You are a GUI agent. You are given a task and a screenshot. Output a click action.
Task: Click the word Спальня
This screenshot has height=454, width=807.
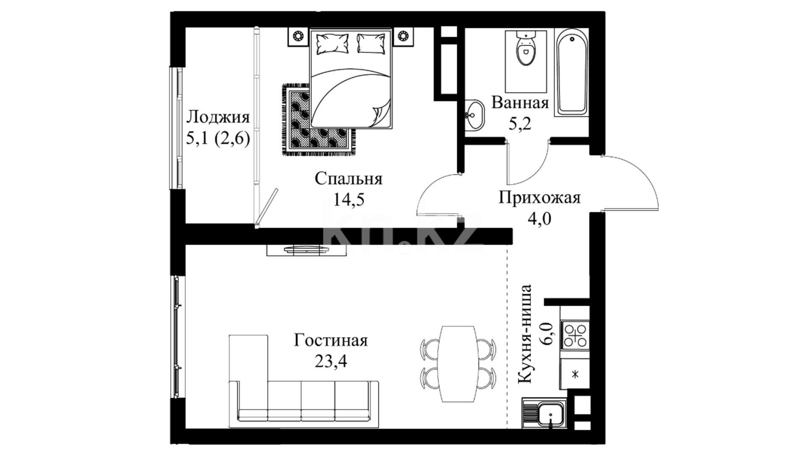pos(348,179)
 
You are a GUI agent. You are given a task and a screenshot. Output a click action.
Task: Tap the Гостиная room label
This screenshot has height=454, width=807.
pos(330,340)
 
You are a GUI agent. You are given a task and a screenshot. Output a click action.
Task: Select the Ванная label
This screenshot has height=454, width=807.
pos(520,103)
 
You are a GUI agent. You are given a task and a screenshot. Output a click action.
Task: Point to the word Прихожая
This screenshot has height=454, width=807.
pos(539,197)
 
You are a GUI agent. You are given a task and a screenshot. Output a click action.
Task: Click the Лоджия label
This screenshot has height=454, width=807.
pos(218,117)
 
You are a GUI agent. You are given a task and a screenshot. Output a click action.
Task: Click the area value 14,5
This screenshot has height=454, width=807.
pos(348,199)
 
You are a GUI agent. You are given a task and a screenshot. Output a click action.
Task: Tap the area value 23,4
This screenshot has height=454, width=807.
pos(331,360)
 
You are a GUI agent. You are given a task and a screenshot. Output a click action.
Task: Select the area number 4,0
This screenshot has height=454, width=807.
pos(539,219)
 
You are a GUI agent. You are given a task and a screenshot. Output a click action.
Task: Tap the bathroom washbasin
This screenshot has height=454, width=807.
pos(475,114)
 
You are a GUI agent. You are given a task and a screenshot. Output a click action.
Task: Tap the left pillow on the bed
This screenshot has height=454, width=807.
pos(332,44)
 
